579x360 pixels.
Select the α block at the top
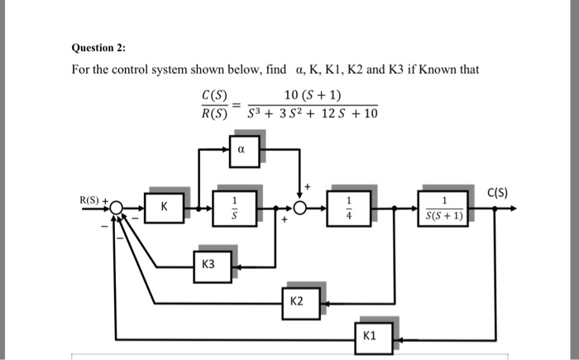[241, 151]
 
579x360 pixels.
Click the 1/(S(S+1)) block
[446, 208]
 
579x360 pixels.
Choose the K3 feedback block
[208, 265]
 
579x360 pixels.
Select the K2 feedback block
[297, 302]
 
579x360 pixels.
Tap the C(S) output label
[497, 194]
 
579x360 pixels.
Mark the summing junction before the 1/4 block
[297, 208]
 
